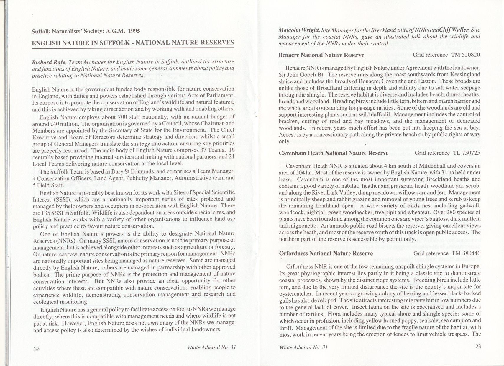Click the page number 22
tap(37, 348)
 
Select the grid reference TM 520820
tap(466, 55)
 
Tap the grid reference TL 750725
tap(466, 153)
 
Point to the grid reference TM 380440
tap(466, 254)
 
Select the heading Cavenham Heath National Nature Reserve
tap(334, 153)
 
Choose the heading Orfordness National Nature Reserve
tap(326, 254)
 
